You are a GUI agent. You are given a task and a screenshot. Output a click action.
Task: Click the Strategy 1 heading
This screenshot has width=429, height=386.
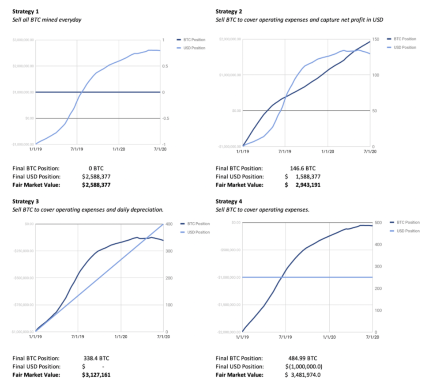(25, 11)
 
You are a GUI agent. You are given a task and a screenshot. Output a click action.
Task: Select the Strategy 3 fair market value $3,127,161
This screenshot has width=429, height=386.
(96, 375)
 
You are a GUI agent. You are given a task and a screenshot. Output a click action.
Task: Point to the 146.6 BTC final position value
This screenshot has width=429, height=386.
(302, 168)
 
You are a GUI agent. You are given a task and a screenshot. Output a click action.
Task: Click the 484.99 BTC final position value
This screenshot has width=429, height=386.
(302, 358)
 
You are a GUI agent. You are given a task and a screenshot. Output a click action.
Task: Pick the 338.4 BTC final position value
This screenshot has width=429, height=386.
(96, 358)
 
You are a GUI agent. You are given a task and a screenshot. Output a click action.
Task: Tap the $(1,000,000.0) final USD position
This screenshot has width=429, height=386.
(305, 367)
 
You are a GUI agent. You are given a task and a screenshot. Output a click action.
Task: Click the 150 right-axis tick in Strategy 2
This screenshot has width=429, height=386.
(376, 40)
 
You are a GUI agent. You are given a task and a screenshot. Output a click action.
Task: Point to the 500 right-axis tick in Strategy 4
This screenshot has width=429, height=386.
(377, 222)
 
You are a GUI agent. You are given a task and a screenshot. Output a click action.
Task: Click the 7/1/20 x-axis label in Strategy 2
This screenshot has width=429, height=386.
(369, 151)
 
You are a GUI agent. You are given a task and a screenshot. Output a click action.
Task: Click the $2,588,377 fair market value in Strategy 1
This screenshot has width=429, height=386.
(96, 185)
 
